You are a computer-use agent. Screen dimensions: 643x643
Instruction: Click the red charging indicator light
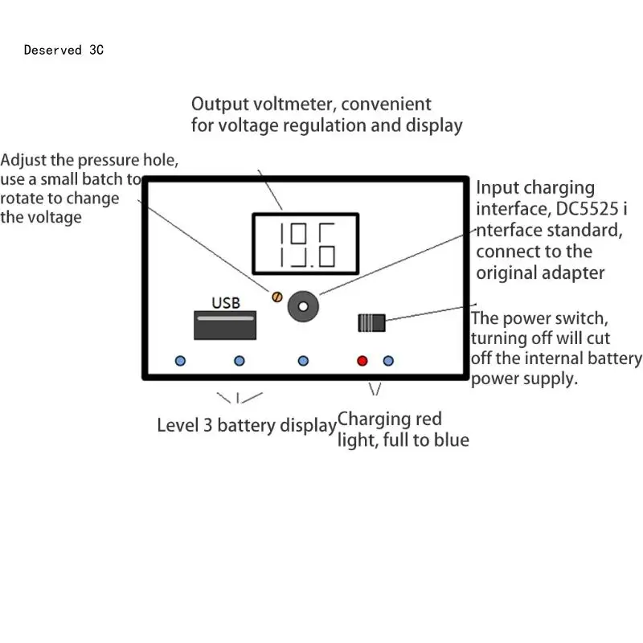pos(362,361)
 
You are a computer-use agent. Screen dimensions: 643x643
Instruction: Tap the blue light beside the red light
pos(388,361)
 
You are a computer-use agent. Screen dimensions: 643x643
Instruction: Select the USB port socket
pos(225,325)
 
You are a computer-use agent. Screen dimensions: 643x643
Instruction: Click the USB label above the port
pos(225,303)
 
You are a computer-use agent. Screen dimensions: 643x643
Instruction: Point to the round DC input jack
pos(304,305)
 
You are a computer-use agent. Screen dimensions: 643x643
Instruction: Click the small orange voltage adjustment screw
pos(276,297)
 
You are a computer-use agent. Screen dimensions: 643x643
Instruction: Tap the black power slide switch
pos(371,323)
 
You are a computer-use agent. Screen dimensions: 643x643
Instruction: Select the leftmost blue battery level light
pos(180,361)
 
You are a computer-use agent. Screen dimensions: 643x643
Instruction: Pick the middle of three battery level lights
pos(239,361)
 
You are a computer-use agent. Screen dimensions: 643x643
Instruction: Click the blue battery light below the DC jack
pos(303,361)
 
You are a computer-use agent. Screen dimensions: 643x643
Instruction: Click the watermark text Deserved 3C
pos(63,50)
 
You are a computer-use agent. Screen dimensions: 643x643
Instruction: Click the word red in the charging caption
pos(427,420)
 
